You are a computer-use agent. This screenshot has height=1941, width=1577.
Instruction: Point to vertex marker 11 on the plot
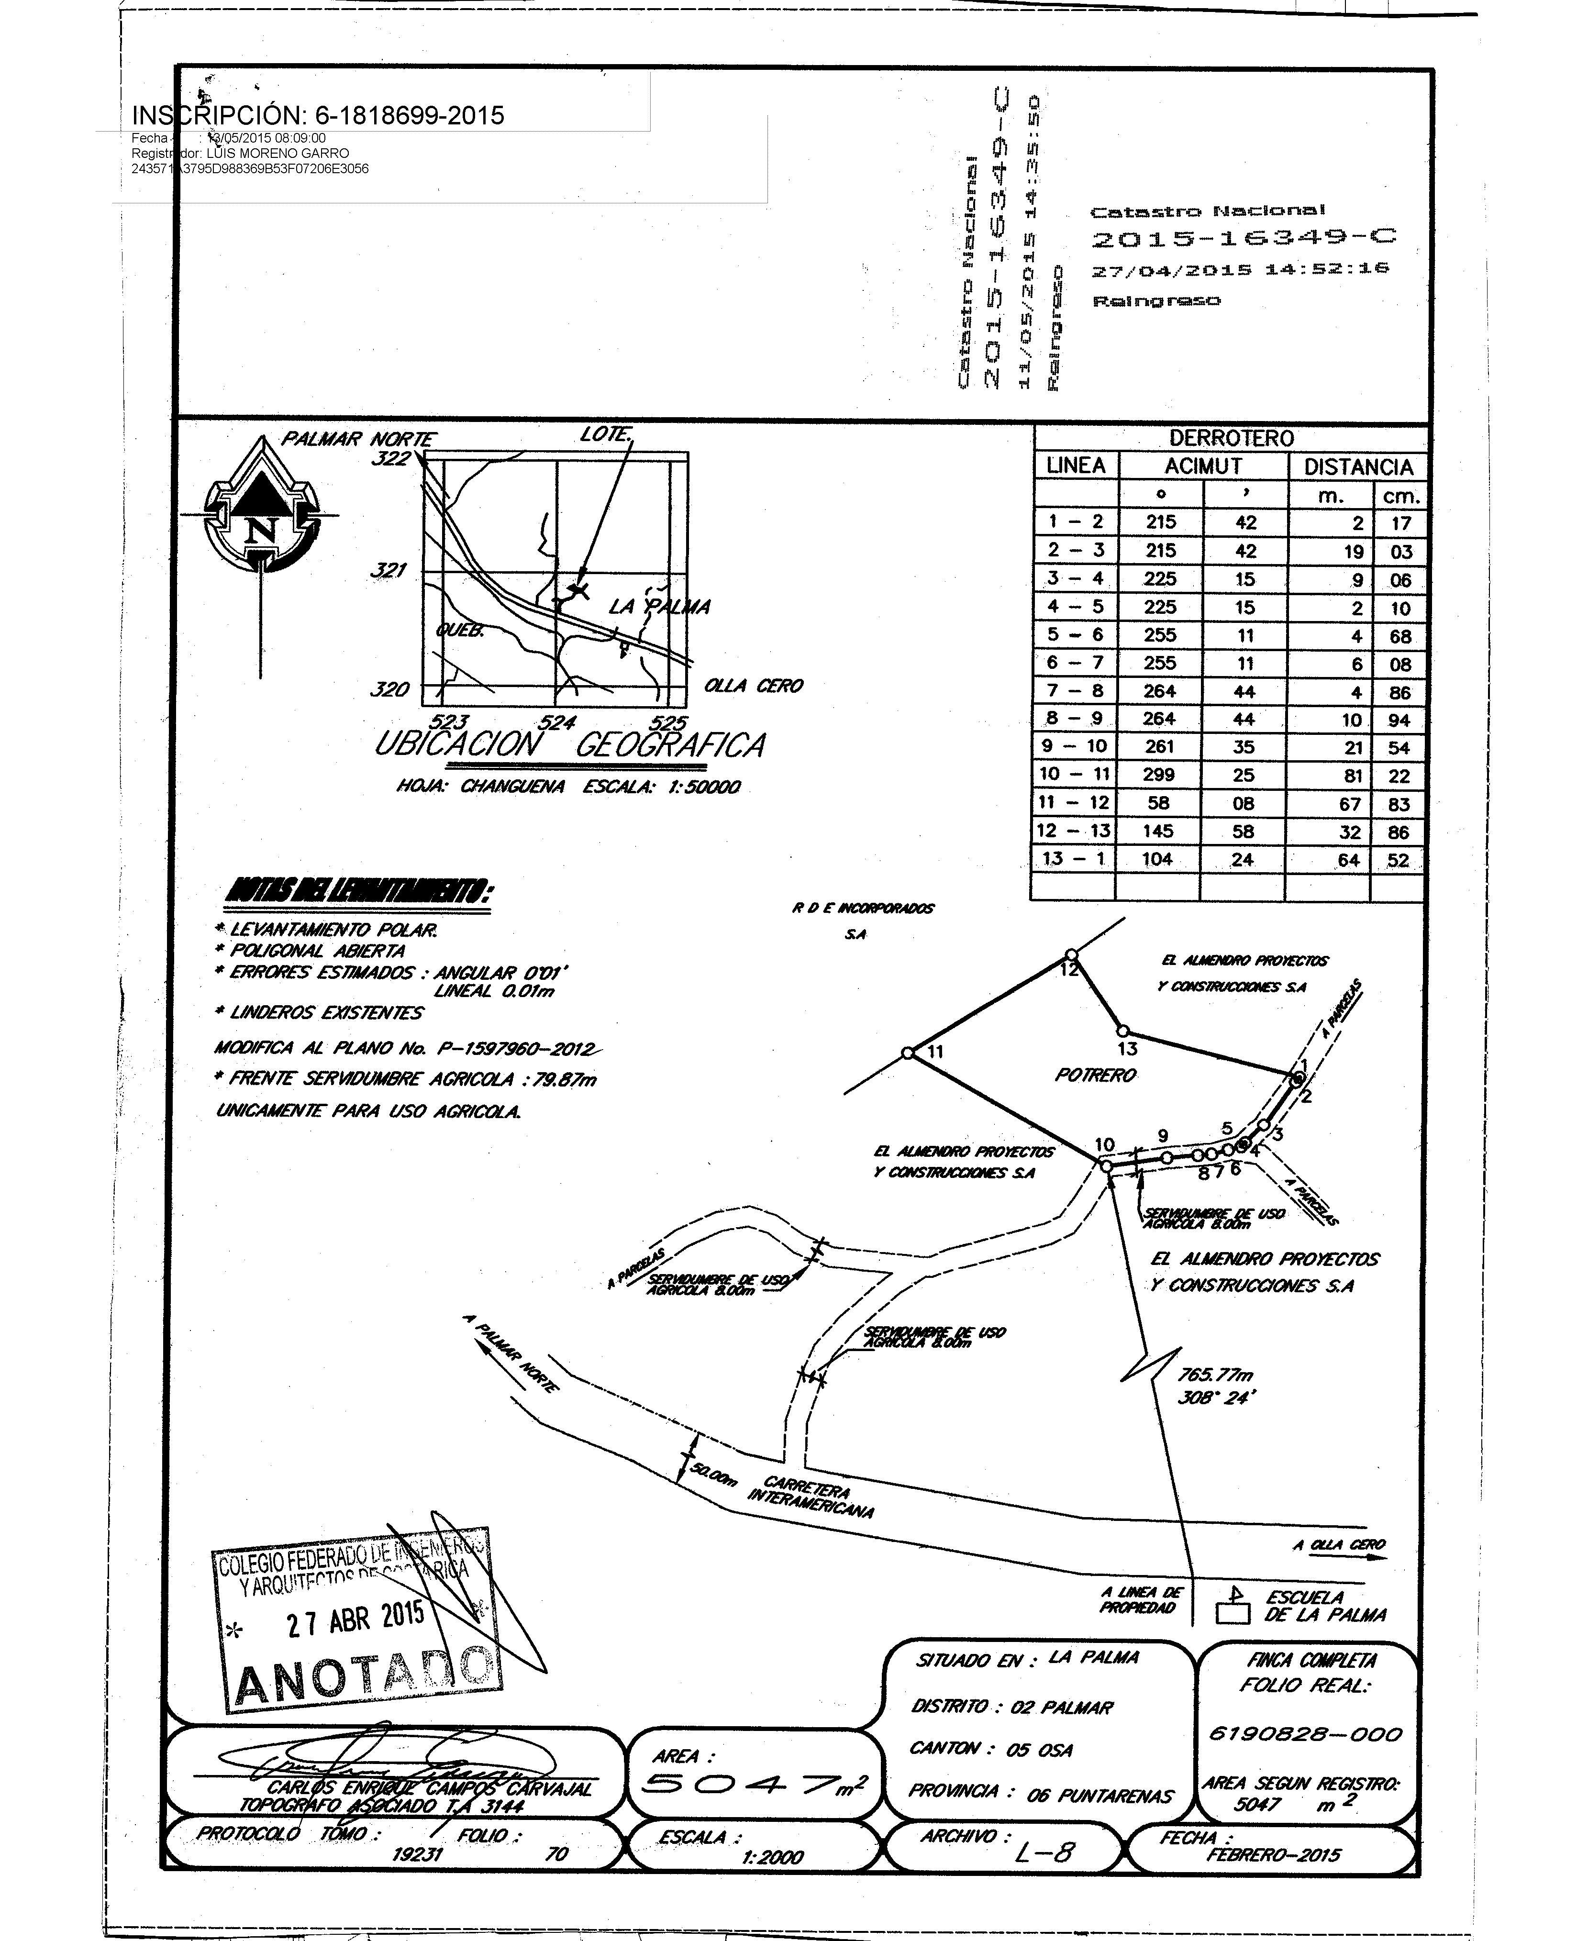tap(909, 1054)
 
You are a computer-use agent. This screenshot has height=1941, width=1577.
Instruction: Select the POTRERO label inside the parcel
tap(1096, 1076)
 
